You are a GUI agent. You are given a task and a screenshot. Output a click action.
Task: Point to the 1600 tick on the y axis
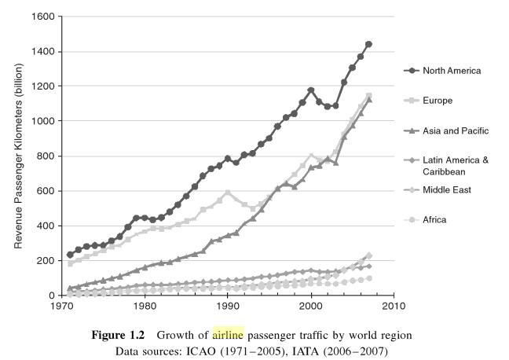[44, 17]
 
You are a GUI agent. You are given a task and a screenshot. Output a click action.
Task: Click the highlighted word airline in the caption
[228, 335]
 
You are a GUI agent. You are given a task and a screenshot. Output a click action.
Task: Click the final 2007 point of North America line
[368, 44]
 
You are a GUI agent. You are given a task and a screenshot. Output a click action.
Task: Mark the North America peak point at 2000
[311, 90]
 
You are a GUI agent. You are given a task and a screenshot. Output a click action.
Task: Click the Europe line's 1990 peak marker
[228, 193]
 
